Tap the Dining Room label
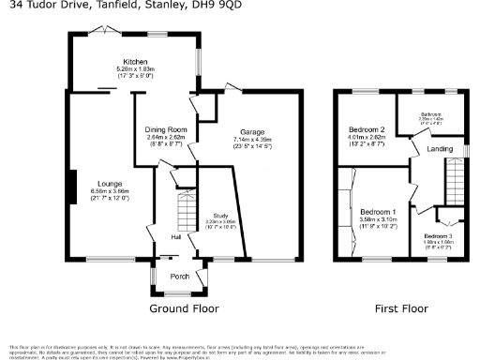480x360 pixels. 166,128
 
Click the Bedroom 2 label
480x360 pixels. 366,129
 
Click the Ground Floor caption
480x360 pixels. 184,307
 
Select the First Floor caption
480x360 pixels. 400,307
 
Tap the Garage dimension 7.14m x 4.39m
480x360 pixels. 252,140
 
